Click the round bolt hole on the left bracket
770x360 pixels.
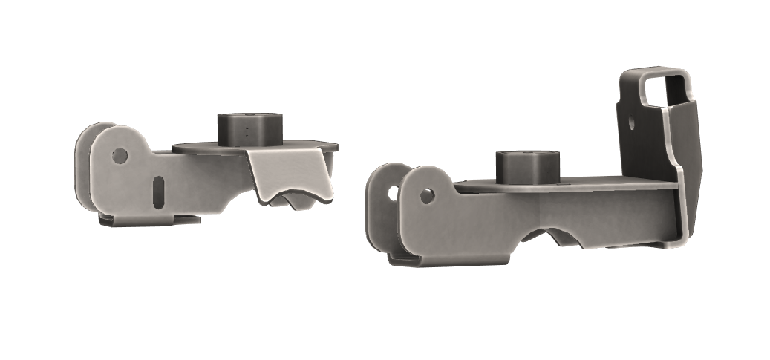(x=118, y=155)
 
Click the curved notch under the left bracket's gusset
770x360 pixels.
(x=293, y=198)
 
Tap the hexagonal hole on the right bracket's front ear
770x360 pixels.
(x=426, y=196)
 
